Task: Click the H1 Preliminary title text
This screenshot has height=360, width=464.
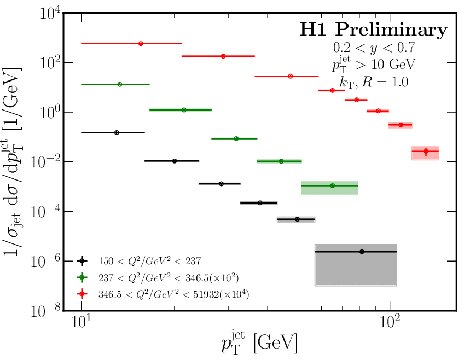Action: pyautogui.click(x=373, y=30)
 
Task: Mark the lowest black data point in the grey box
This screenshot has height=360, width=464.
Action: pyautogui.click(x=362, y=252)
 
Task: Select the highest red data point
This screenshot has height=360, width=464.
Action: pyautogui.click(x=141, y=43)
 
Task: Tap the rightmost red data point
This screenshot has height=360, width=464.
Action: pyautogui.click(x=426, y=152)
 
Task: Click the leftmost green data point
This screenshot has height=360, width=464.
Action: pyautogui.click(x=119, y=84)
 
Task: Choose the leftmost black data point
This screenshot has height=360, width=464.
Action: pyautogui.click(x=117, y=132)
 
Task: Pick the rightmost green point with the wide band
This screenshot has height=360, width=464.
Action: pyautogui.click(x=332, y=186)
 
